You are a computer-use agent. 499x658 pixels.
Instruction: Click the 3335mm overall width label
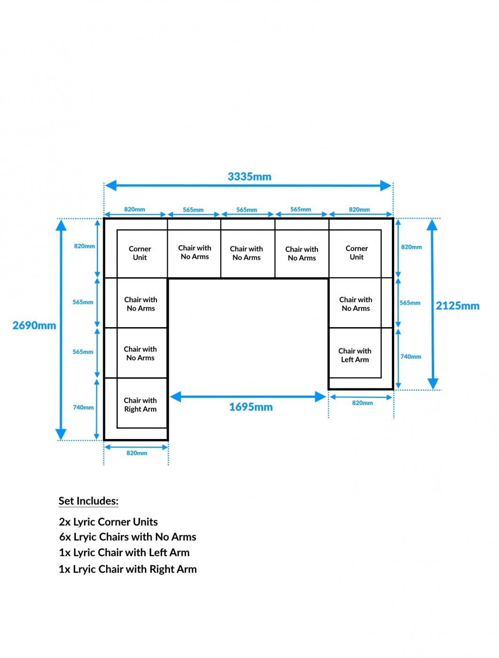249,177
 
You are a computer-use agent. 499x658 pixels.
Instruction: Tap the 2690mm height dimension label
34,325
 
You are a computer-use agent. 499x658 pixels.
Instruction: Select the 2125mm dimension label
458,306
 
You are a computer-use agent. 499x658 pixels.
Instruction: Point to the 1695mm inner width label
251,407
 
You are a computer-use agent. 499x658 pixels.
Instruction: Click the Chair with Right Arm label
140,405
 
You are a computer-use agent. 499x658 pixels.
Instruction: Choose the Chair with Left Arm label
355,355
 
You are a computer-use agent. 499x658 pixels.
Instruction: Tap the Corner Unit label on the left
140,253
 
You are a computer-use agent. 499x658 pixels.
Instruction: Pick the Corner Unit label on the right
357,252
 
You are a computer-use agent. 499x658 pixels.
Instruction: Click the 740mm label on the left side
83,407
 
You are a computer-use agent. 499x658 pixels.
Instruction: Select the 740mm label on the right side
411,357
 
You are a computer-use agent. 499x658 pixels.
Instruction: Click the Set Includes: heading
88,501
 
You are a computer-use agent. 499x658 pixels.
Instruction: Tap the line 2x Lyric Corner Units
108,522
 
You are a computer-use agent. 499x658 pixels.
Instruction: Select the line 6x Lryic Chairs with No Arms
127,537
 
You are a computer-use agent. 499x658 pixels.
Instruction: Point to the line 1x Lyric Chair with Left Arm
124,553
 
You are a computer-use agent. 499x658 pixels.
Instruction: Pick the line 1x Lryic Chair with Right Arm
127,569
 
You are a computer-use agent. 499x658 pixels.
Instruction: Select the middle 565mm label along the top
247,210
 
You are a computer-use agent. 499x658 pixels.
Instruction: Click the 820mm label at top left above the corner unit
134,209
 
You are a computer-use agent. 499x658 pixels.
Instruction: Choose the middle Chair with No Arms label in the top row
246,253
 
